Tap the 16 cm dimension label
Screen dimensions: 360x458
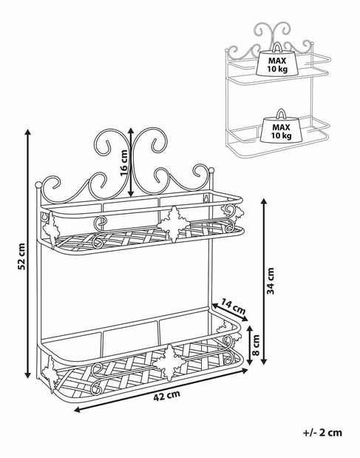[125, 164]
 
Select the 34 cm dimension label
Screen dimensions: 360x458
[271, 280]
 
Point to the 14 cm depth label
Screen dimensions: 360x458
[233, 306]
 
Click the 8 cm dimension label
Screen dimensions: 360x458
[256, 345]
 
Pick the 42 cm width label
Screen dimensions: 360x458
[166, 395]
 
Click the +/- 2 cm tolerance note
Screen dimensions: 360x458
[322, 432]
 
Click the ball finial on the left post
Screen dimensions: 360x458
[38, 184]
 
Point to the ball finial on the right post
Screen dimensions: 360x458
[211, 170]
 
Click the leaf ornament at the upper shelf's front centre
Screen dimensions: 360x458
[174, 224]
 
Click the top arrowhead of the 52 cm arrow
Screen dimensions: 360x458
[27, 132]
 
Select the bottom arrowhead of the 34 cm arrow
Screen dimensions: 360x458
[264, 361]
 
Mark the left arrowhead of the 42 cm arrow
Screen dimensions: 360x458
[77, 411]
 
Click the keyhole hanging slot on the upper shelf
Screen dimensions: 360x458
[206, 198]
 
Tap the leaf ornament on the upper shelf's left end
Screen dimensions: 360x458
[51, 229]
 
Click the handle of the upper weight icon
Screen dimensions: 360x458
[277, 46]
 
